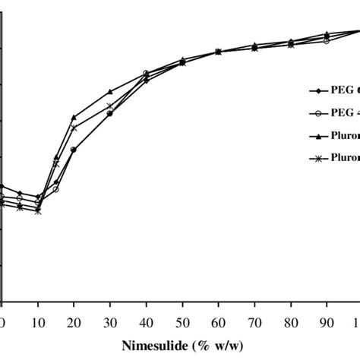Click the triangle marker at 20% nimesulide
click(x=74, y=117)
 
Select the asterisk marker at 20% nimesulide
click(x=74, y=128)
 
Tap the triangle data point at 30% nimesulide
click(x=110, y=91)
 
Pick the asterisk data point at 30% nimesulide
click(x=110, y=106)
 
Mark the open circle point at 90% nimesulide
click(x=327, y=40)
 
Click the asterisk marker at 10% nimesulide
click(x=38, y=211)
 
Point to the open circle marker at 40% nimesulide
click(x=146, y=74)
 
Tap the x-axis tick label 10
click(x=38, y=319)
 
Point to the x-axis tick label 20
click(x=74, y=319)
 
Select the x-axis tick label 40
click(x=146, y=319)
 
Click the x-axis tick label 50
click(x=182, y=319)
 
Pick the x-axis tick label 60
click(x=218, y=319)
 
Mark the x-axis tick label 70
click(x=254, y=319)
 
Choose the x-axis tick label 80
click(x=290, y=319)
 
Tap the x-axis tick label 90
click(x=327, y=319)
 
